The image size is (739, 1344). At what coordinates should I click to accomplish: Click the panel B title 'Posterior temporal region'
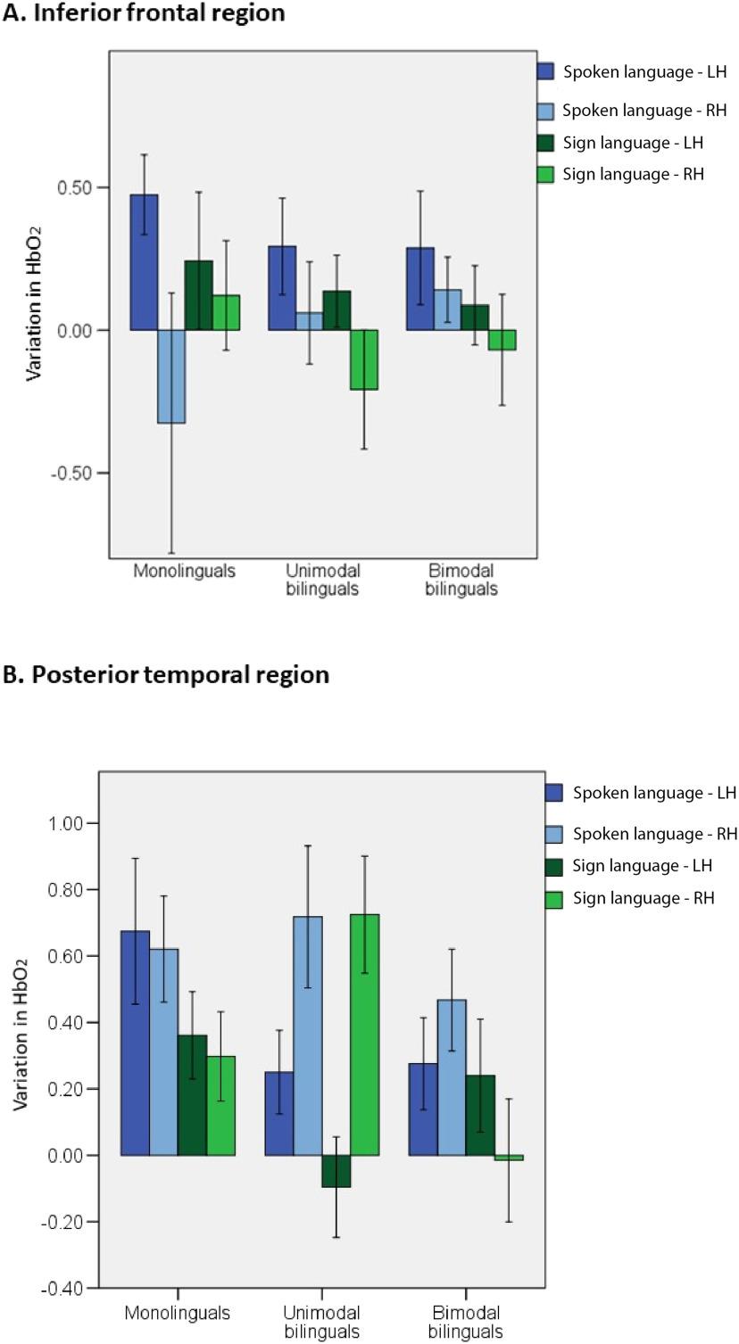tap(166, 674)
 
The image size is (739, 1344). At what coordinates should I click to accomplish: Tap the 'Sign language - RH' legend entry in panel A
tap(633, 174)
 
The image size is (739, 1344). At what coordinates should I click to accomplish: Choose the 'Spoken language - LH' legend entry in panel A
tap(633, 72)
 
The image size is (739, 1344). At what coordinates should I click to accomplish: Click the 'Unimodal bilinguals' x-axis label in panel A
tap(323, 580)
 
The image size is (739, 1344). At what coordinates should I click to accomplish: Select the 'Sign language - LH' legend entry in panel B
tap(643, 865)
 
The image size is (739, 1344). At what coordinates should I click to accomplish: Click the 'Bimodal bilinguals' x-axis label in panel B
tap(466, 1322)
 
